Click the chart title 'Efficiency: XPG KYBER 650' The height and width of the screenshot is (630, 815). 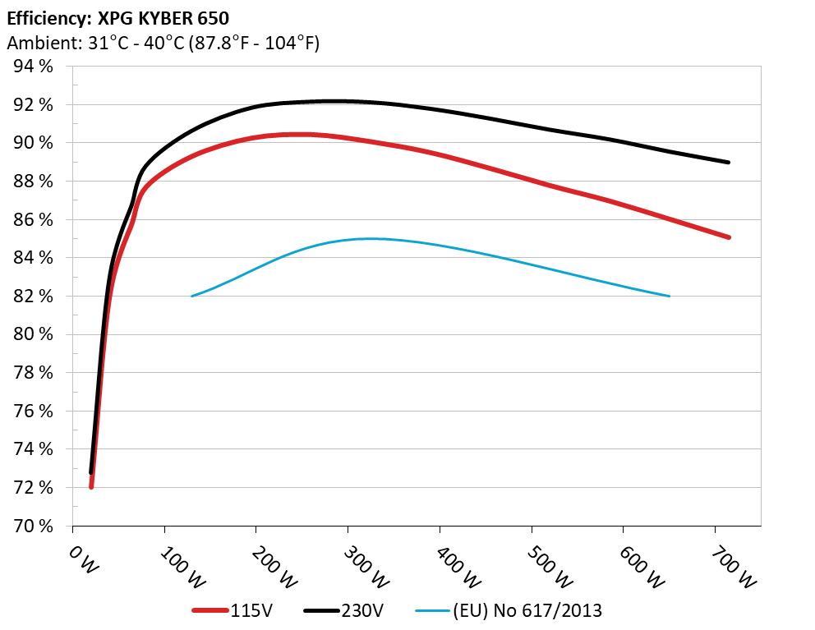117,16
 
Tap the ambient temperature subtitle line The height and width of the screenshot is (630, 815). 163,43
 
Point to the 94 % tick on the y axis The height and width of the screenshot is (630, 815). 34,67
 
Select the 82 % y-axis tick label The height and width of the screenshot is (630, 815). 34,297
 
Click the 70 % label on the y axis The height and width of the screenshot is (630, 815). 34,526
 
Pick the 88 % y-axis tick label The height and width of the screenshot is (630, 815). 34,182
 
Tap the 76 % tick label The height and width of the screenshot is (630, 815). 34,412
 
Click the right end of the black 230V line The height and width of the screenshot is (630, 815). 728,162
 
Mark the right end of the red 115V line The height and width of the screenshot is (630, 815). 728,237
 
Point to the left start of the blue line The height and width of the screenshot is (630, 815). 192,296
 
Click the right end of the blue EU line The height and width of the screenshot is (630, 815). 669,296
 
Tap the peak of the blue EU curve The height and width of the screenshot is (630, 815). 370,238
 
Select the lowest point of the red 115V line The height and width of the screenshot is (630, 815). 91,487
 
